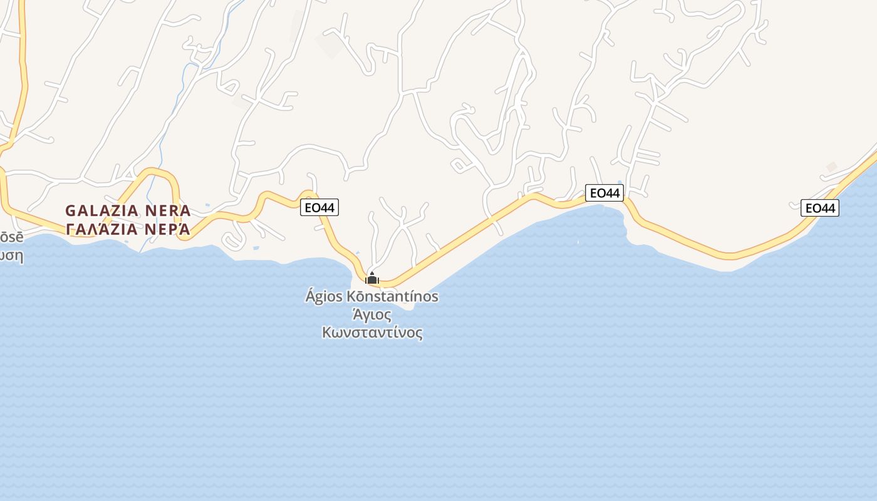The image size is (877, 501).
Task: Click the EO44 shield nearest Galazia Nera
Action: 319,207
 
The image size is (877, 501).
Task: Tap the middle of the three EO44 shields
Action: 605,193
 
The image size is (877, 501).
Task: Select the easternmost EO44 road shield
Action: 820,208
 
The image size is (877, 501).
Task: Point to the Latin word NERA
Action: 168,210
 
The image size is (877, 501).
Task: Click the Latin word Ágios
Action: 324,296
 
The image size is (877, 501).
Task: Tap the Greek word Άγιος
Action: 372,314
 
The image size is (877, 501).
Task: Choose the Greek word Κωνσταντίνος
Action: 372,333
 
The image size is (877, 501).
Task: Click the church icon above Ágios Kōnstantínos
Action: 372,278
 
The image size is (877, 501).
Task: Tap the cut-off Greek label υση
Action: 11,256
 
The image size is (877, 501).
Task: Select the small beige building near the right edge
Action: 831,167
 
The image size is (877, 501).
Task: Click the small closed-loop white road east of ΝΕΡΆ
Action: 232,240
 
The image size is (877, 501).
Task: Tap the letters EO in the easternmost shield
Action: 812,208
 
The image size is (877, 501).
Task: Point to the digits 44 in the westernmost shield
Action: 328,207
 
